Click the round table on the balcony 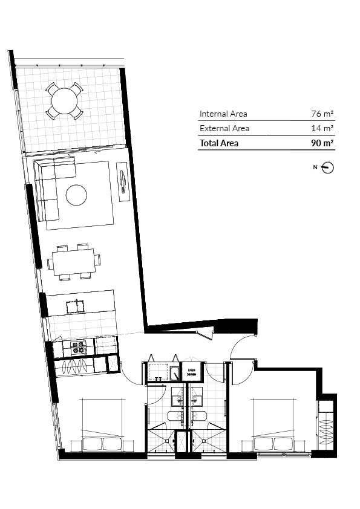(x=64, y=101)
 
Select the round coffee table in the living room (x=76, y=195)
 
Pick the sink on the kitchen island (x=73, y=306)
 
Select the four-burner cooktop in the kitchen (x=78, y=348)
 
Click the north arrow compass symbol (x=328, y=167)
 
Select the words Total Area (x=219, y=143)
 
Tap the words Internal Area (x=223, y=114)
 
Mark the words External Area (x=224, y=128)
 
